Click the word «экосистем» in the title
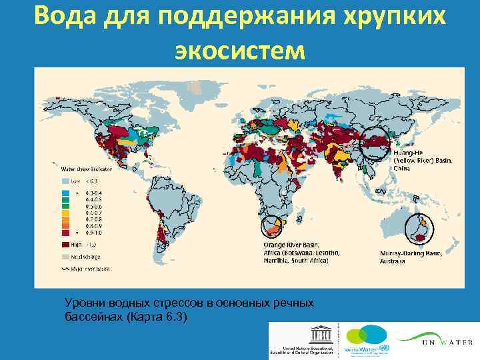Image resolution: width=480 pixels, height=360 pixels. click(x=240, y=49)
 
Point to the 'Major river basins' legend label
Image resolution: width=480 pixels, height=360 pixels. click(x=93, y=269)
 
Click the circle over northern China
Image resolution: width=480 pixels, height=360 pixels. click(x=375, y=143)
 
